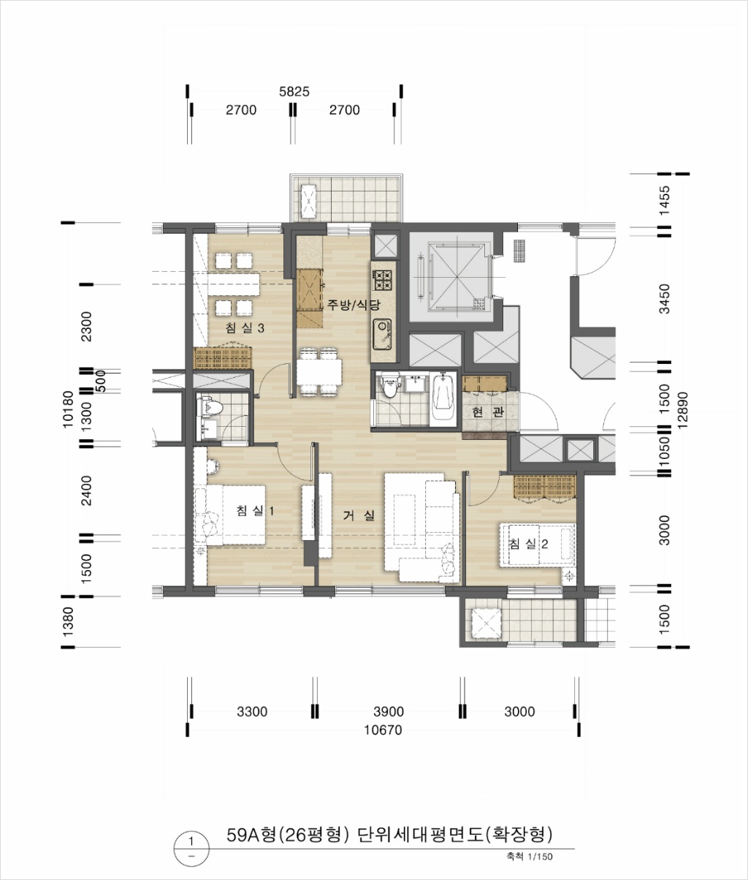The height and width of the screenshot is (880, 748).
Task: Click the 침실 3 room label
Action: click(245, 328)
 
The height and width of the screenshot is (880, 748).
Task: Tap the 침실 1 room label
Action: click(255, 510)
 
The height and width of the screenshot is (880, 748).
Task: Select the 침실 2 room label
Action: click(528, 544)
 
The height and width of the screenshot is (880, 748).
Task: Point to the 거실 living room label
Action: click(359, 515)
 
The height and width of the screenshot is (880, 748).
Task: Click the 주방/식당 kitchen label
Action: click(353, 304)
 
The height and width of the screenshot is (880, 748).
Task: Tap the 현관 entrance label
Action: click(489, 411)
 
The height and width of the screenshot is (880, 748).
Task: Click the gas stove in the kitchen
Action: click(383, 280)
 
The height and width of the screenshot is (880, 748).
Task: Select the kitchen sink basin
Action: click(383, 334)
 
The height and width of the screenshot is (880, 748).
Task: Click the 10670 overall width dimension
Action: click(383, 730)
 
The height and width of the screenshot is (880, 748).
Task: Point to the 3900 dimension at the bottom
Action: click(389, 711)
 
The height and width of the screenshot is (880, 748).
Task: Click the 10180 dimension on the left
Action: click(68, 409)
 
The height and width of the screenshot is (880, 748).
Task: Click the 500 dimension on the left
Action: click(101, 381)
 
